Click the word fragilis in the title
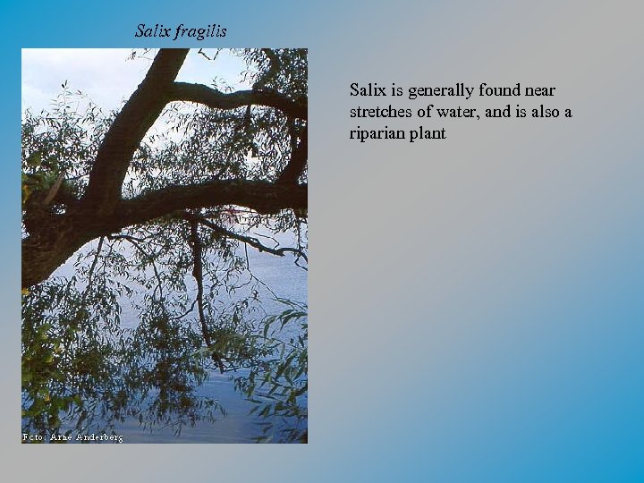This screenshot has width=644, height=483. pyautogui.click(x=200, y=31)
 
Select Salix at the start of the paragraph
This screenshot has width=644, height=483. pyautogui.click(x=368, y=90)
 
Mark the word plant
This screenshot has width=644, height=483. pyautogui.click(x=428, y=134)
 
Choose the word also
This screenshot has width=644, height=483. pyautogui.click(x=546, y=112)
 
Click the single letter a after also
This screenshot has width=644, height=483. pyautogui.click(x=567, y=113)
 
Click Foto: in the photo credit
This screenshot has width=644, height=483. pyautogui.click(x=34, y=436)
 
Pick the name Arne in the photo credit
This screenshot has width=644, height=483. pyautogui.click(x=61, y=436)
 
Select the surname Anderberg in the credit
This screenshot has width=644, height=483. pyautogui.click(x=99, y=436)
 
